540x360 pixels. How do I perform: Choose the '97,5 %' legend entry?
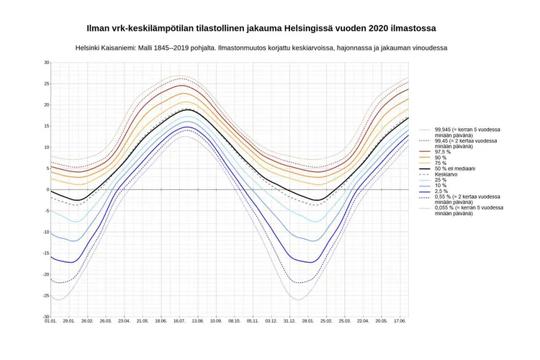tap(443, 152)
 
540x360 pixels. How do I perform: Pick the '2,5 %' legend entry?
tap(441, 191)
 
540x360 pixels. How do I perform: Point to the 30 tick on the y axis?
tap(46, 63)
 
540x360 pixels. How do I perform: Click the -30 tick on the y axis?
tap(45, 317)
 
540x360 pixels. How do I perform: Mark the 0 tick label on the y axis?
tap(48, 190)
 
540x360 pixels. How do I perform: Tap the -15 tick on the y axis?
tap(45, 253)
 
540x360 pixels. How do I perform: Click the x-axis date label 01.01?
tap(50, 322)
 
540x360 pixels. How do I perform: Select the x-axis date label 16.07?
tap(179, 322)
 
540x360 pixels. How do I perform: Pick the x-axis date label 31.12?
tap(289, 322)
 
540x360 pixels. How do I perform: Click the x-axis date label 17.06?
tap(400, 322)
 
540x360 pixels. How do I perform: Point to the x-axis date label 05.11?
tap(253, 322)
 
